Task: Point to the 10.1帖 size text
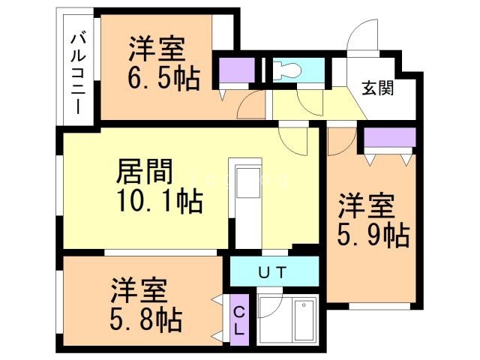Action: click(160, 202)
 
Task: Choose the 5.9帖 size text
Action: click(372, 235)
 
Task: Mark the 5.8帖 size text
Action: click(146, 320)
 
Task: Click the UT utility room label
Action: click(271, 272)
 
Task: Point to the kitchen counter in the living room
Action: click(248, 202)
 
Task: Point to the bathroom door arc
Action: click(270, 307)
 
